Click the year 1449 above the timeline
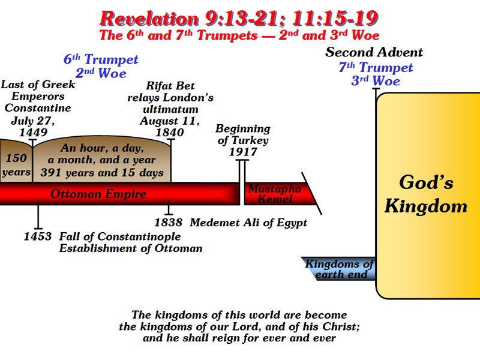point(34,132)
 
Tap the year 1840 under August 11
point(170,132)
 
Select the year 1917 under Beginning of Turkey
point(243,152)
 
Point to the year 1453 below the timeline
point(38,236)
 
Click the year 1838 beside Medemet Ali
point(169,223)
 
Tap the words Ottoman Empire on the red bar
point(98,194)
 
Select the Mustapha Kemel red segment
point(278,194)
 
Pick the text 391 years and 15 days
point(102,173)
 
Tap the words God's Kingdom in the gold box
point(426,194)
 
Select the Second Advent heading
point(374,52)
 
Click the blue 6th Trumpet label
point(101,59)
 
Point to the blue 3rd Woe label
point(376,81)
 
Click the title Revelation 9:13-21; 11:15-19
point(239,19)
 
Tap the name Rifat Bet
point(170,86)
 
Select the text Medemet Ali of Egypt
point(248,223)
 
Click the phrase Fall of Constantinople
point(120,236)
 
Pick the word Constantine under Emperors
point(38,108)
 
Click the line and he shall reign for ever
point(239,338)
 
